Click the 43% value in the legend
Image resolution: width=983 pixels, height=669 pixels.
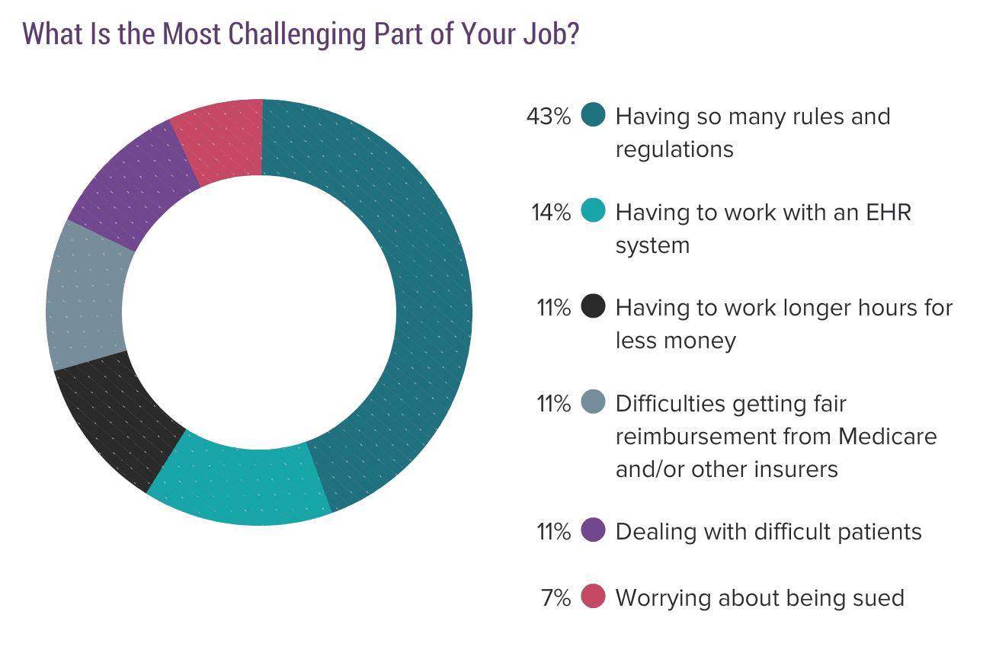[549, 117]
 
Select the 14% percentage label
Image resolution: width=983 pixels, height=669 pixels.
[551, 213]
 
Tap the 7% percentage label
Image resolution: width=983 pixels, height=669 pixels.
[556, 598]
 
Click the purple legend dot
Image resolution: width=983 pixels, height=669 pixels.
[593, 530]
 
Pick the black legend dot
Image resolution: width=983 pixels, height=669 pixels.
[593, 306]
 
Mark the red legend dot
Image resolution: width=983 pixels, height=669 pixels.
[593, 596]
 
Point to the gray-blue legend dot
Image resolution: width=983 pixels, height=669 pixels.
[593, 402]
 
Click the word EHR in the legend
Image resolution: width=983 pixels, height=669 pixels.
[889, 213]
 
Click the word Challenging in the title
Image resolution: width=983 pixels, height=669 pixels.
[297, 34]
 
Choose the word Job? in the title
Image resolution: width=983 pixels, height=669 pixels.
[551, 34]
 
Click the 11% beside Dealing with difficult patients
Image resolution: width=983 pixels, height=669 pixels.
[554, 532]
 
